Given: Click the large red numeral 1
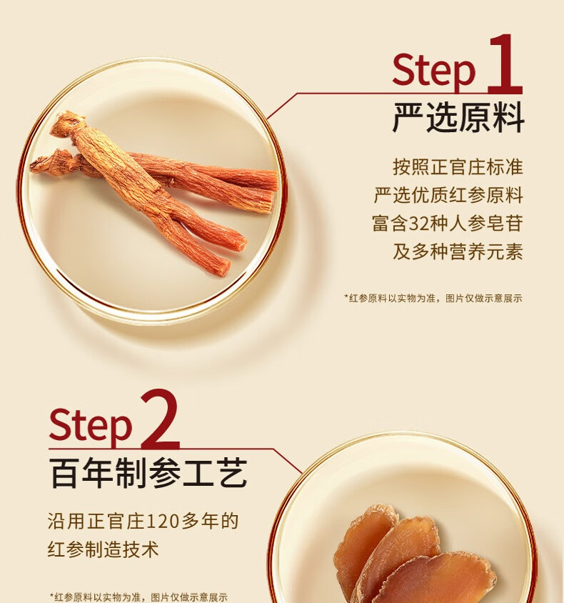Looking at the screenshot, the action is coord(505,64).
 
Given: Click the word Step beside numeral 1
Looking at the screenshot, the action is coord(434,71).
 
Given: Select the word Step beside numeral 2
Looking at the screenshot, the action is coord(91,425).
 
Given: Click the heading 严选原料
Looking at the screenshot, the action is coord(458,118).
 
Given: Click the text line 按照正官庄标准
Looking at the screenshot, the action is coord(458,167).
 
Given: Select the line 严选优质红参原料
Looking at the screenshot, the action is coord(448,195).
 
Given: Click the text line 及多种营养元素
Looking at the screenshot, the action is coord(458,252).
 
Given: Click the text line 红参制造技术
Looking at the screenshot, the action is coord(104,549).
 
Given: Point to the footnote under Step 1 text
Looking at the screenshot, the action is coord(433,298).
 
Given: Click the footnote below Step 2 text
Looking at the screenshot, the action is coord(139,597).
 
